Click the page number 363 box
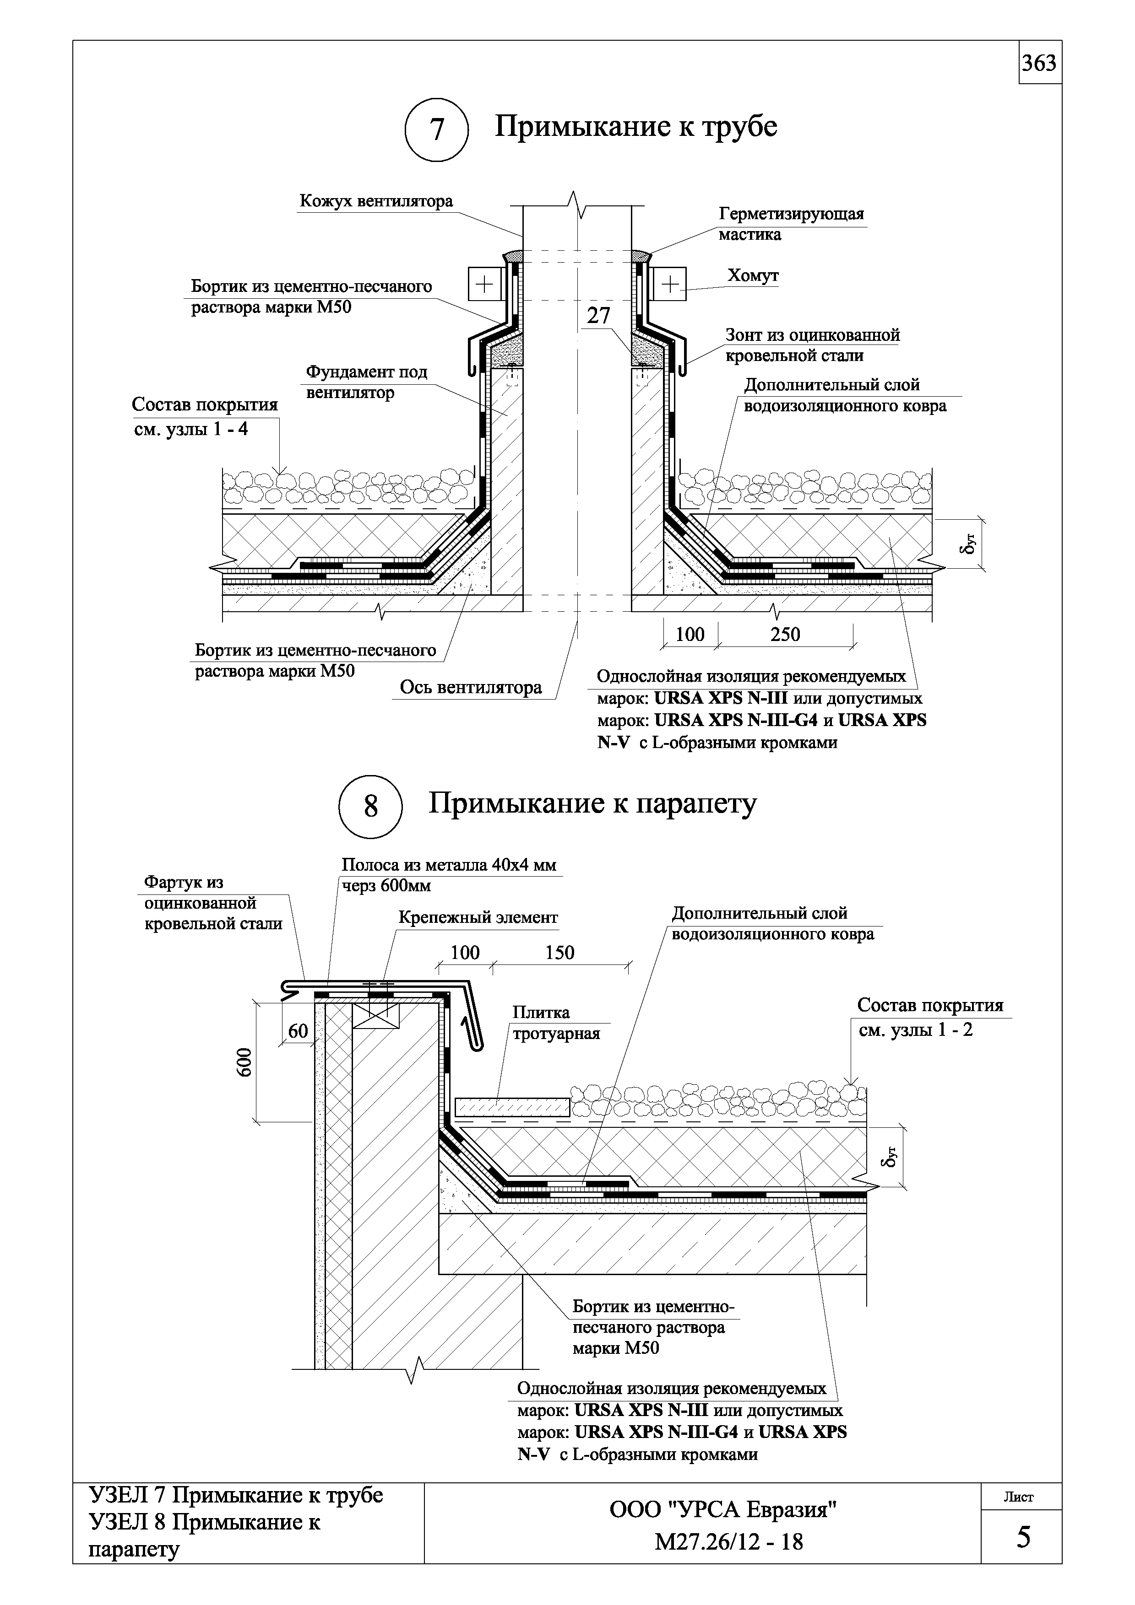point(1039,64)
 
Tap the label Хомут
point(753,276)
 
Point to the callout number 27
point(598,316)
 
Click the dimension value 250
point(785,635)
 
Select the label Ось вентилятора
point(471,688)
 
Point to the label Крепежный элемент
point(478,917)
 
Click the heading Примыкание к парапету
point(592,804)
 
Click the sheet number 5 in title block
point(1023,1538)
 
